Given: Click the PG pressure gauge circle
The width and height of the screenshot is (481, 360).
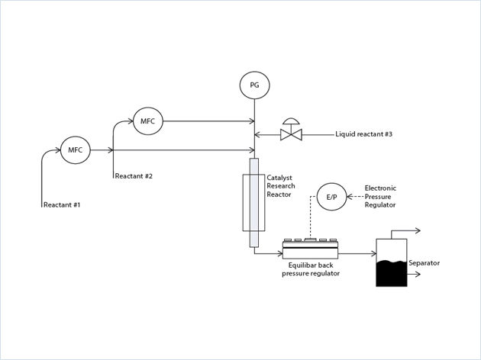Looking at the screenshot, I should [x=254, y=85].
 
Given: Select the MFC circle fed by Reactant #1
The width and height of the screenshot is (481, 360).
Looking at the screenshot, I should [x=75, y=150].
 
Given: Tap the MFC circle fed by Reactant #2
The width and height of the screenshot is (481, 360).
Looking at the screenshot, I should [x=147, y=121].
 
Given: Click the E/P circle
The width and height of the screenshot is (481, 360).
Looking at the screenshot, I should [x=331, y=197].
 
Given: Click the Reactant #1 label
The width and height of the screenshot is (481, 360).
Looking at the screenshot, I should [x=62, y=205].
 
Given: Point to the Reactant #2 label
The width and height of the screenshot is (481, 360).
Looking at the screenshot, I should [x=134, y=176].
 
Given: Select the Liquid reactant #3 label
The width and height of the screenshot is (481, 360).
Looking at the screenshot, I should [x=363, y=134].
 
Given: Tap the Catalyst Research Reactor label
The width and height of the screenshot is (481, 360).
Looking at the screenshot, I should [x=281, y=186].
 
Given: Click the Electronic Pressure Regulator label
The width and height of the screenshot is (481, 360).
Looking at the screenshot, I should [x=380, y=196].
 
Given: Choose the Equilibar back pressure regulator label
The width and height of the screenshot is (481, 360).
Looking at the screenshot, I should [x=310, y=268].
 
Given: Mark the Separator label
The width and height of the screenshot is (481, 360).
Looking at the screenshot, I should [x=424, y=263].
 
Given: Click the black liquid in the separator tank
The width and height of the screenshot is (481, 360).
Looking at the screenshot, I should [x=392, y=274].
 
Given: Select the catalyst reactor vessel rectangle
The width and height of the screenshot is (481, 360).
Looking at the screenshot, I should [x=253, y=202].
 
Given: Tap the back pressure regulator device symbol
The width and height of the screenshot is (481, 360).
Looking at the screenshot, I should [x=310, y=249].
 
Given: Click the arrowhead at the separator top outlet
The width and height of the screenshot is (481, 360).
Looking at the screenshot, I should [x=417, y=230].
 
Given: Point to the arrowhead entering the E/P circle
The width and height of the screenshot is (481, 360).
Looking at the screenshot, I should [x=350, y=197].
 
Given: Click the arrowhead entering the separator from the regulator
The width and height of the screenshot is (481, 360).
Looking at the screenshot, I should [x=373, y=254].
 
